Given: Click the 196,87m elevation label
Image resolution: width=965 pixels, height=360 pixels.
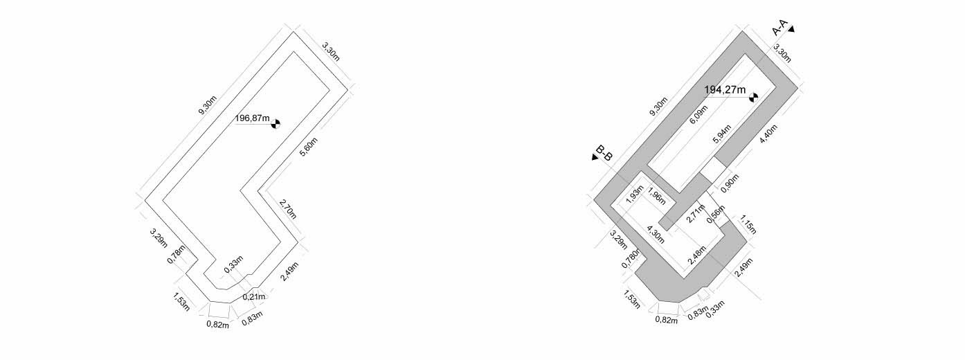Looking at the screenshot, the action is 253,118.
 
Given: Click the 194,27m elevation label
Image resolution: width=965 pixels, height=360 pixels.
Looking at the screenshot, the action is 725,89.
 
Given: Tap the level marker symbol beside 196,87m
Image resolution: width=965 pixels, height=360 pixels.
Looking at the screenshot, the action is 276,123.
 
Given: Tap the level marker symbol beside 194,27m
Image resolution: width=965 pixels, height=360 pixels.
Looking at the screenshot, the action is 753,97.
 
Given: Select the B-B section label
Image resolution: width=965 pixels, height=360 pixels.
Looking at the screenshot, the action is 604,154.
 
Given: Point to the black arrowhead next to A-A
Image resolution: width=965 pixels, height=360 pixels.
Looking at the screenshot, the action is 791,29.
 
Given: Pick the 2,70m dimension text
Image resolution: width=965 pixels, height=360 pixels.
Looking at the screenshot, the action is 288,208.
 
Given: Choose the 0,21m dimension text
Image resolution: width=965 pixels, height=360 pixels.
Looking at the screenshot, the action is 253,296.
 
